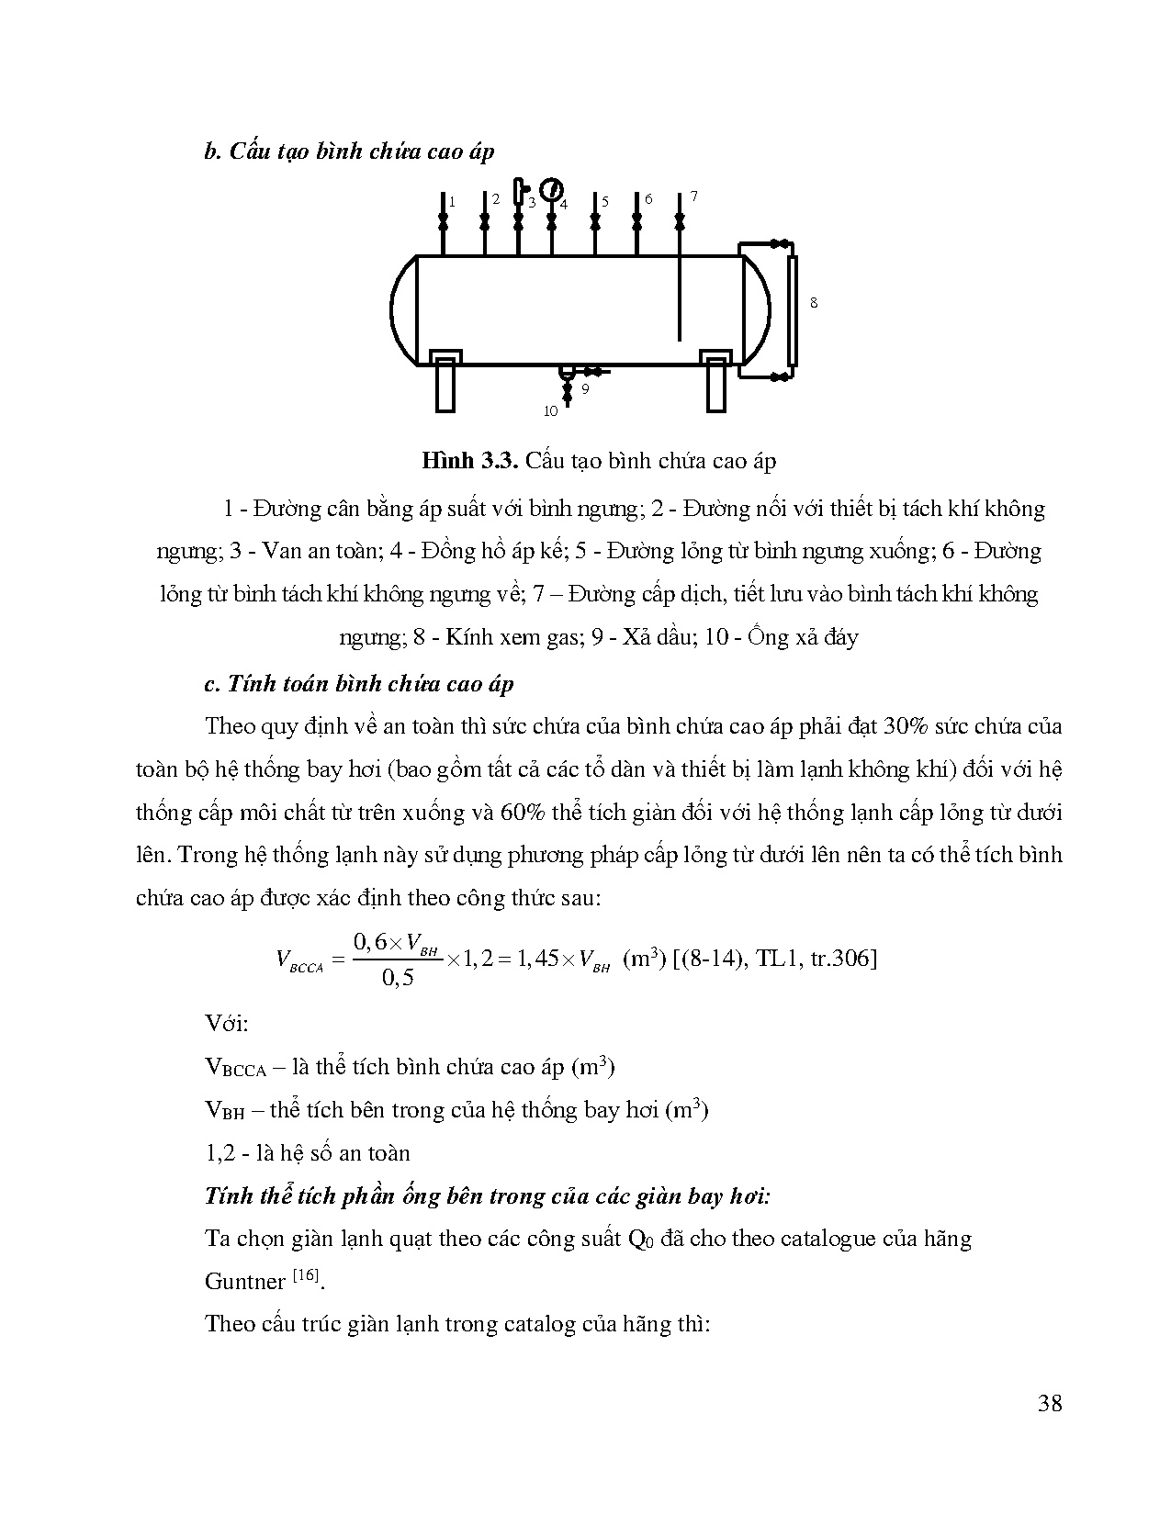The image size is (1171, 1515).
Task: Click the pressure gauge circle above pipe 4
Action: click(x=551, y=189)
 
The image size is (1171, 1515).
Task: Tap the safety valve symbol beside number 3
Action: click(x=520, y=191)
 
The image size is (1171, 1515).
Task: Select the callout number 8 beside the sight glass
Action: click(x=813, y=302)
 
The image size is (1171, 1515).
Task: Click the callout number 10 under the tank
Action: click(x=550, y=410)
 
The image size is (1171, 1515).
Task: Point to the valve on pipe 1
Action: click(x=442, y=222)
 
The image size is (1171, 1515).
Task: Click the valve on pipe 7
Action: click(x=680, y=222)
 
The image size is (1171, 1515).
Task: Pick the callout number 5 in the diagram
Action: click(x=605, y=201)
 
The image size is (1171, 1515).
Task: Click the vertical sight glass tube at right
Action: click(x=793, y=310)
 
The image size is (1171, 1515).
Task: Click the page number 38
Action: click(x=1049, y=1403)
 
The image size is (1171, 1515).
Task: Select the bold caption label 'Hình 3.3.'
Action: click(x=470, y=461)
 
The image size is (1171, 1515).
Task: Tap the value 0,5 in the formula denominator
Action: click(x=397, y=978)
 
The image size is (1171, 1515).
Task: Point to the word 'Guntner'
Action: click(x=245, y=1282)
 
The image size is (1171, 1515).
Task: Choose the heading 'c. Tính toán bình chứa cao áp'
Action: click(x=359, y=684)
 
